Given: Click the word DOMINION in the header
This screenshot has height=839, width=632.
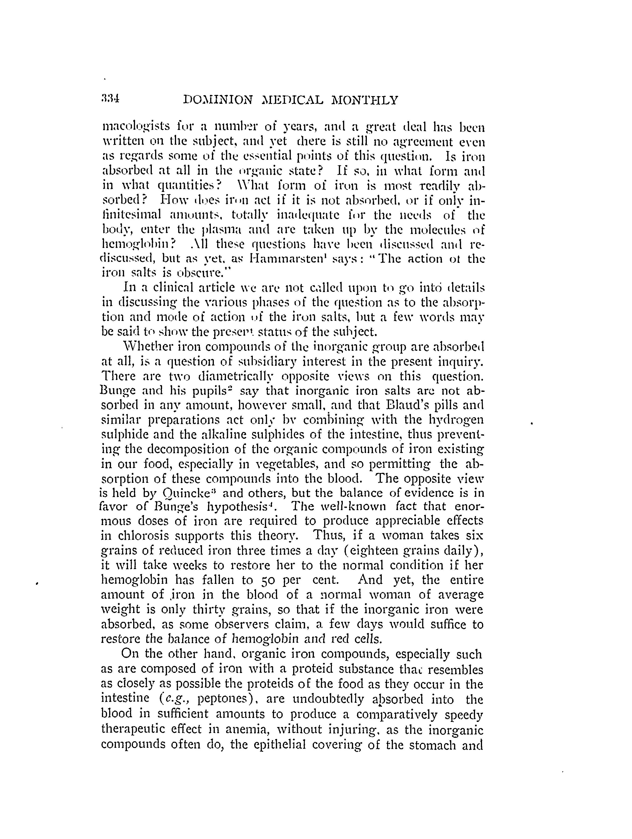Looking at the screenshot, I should pos(218,100).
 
